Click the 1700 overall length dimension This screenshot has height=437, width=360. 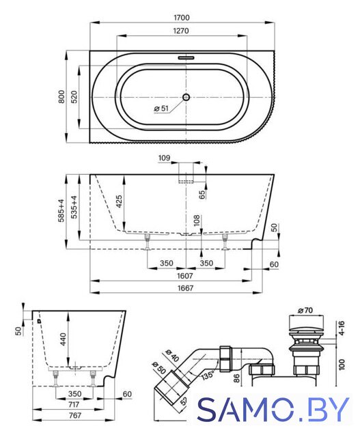click(x=182, y=18)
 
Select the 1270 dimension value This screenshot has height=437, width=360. click(x=181, y=31)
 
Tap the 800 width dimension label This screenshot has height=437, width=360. click(x=61, y=96)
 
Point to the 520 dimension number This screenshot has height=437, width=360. click(x=74, y=97)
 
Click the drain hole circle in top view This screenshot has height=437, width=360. click(x=186, y=97)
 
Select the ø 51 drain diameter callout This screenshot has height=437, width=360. click(x=161, y=108)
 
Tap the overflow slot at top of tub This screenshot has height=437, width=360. click(x=186, y=58)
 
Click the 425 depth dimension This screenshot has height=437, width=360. click(x=119, y=201)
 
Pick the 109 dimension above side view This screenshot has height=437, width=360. click(x=164, y=158)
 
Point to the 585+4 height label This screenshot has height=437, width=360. click(x=61, y=210)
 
